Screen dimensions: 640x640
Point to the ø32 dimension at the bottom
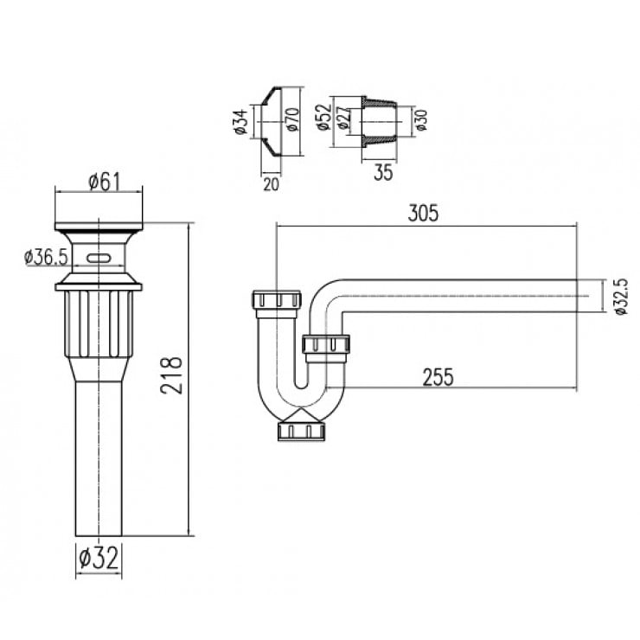point(98,558)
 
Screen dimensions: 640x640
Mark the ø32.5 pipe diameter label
point(620,296)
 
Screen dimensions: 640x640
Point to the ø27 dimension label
point(342,118)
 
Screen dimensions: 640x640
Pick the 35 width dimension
point(383,172)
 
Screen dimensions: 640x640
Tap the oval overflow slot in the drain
point(98,258)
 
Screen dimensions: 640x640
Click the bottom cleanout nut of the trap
point(301,430)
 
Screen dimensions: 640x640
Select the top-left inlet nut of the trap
point(275,301)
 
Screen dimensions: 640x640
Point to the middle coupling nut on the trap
point(326,346)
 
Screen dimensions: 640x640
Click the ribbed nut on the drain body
point(98,324)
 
